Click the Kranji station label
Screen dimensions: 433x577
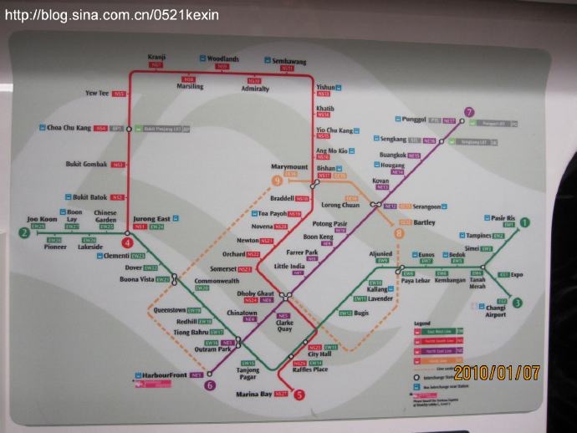pyautogui.click(x=157, y=56)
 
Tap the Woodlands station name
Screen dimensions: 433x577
pyautogui.click(x=223, y=59)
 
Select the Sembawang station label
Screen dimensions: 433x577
pyautogui.click(x=289, y=61)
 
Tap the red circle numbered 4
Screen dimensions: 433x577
pyautogui.click(x=128, y=242)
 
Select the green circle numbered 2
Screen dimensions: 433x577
pyautogui.click(x=25, y=232)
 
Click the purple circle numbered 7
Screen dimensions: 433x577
pyautogui.click(x=470, y=112)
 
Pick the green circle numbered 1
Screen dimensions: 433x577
pyautogui.click(x=525, y=222)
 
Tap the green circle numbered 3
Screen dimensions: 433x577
pyautogui.click(x=518, y=303)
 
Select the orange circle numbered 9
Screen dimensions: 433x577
pyautogui.click(x=277, y=181)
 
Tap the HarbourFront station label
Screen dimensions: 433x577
pyautogui.click(x=165, y=375)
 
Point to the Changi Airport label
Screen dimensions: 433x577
pyautogui.click(x=496, y=311)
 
